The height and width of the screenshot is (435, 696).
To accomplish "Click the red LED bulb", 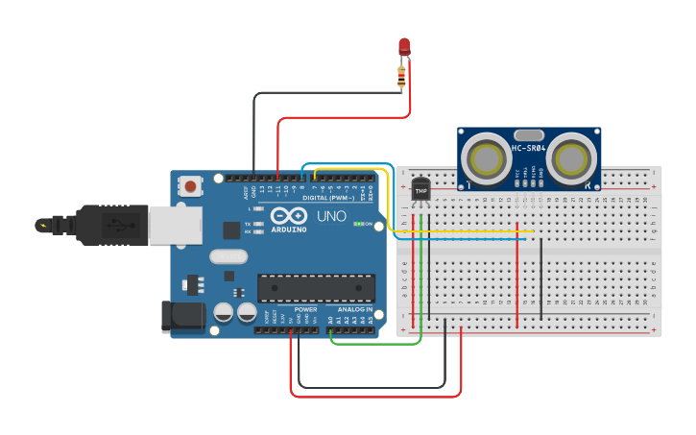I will point(404,46).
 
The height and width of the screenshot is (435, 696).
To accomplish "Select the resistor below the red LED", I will point(401,79).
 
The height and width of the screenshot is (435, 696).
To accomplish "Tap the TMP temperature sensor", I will point(420,189).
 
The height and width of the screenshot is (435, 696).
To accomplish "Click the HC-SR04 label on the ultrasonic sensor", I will point(529,148).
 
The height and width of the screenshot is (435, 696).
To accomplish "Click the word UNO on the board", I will point(331,216).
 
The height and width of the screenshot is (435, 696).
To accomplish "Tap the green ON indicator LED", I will point(357,224).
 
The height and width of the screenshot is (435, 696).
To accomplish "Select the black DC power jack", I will point(182,315).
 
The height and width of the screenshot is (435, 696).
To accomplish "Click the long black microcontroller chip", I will point(316,288).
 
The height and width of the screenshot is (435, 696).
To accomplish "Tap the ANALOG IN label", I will point(354,309).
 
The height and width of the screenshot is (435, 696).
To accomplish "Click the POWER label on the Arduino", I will point(305,309).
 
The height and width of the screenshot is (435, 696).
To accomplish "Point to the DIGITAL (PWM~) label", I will point(328,197).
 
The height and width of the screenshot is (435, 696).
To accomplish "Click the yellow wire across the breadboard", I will point(461,230).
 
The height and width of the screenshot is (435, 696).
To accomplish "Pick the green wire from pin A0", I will point(374,343).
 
